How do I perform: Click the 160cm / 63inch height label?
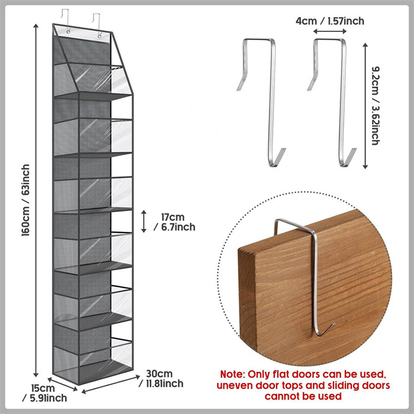coord(25,200)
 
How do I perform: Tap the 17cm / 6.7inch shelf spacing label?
coord(174,222)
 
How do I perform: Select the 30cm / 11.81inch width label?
coord(161,379)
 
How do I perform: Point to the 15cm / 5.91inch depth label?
coord(44,393)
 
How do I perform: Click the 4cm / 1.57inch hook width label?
coord(330,21)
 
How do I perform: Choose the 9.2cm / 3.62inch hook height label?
coord(376,106)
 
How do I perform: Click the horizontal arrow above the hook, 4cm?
coord(330,31)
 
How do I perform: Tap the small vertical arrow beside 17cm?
coord(144,221)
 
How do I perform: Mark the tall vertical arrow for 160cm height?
coord(36,200)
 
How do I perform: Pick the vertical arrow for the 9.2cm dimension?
coord(365,106)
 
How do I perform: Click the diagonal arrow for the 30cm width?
coord(111,384)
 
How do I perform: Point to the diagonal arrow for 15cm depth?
coord(63,384)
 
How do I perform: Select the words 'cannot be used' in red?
coord(303,396)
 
